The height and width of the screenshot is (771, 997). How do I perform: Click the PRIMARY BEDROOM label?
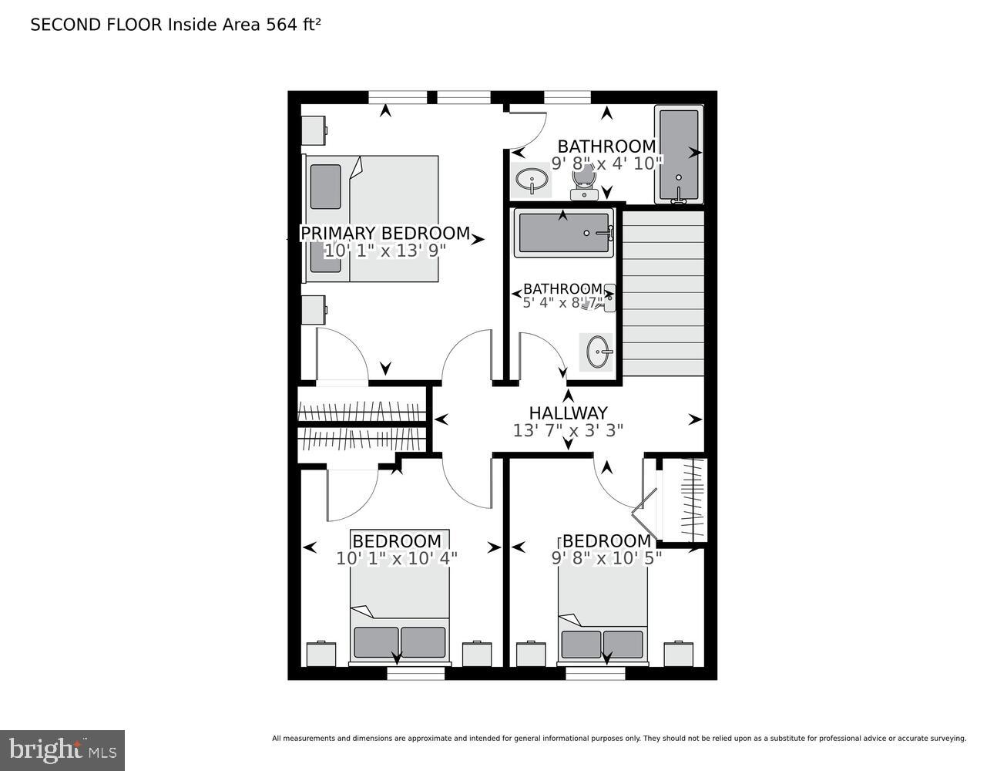[x=384, y=233]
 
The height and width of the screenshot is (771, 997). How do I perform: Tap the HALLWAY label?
[x=568, y=413]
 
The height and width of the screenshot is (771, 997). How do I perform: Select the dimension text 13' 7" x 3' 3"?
[x=568, y=430]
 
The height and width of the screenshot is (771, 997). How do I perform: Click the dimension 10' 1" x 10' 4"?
[x=397, y=558]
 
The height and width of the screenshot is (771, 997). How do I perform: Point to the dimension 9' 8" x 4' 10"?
[x=606, y=163]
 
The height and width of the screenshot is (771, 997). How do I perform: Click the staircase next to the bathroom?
[x=663, y=293]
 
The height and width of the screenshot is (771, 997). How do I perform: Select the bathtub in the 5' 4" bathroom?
[x=565, y=233]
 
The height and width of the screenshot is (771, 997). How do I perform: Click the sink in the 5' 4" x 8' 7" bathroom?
[x=598, y=352]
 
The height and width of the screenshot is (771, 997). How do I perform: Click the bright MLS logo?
[x=62, y=749]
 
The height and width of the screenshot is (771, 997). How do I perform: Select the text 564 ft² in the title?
[x=293, y=25]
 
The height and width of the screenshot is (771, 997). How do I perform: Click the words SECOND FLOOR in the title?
[x=96, y=25]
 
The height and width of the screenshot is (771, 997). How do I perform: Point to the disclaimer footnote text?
[x=619, y=739]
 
